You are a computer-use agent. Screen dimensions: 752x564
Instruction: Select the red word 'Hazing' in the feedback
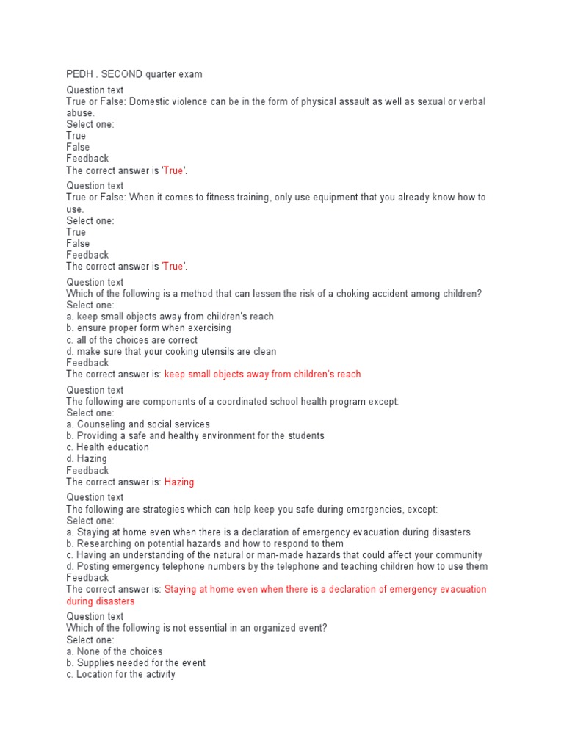point(179,482)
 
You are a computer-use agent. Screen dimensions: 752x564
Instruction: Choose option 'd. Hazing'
point(87,459)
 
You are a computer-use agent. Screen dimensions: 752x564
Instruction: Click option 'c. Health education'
point(107,447)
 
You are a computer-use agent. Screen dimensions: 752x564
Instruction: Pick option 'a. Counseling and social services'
point(138,424)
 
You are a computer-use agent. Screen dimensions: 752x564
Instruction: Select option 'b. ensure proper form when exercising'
point(148,328)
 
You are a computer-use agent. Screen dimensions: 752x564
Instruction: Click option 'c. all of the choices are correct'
point(132,340)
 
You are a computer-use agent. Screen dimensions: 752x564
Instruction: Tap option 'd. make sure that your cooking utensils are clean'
point(171,352)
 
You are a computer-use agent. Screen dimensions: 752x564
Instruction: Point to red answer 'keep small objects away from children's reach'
point(263,375)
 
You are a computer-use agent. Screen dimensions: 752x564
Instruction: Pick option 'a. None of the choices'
point(115,651)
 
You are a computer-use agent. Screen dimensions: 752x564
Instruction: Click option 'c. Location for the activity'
point(121,674)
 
